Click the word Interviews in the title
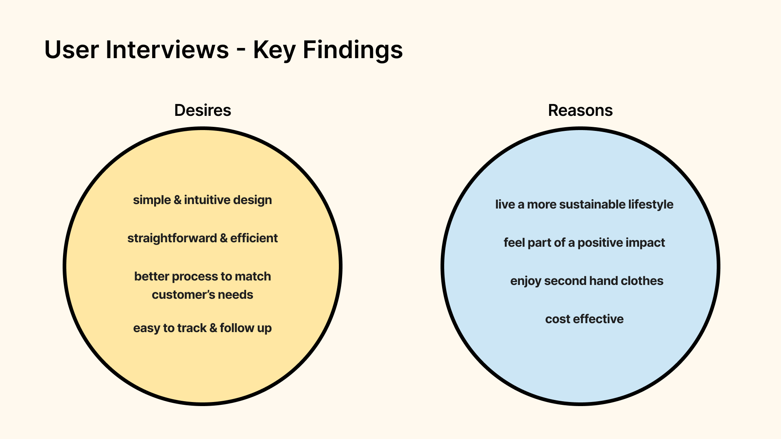167,50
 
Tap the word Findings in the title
353,50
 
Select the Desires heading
203,110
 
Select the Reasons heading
580,110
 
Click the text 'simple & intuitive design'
202,200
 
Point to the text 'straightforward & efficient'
202,238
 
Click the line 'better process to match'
202,276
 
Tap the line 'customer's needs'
202,295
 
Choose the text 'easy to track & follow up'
202,328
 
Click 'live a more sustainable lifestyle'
584,204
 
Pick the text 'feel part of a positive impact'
584,243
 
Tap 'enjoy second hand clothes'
587,281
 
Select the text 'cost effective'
584,319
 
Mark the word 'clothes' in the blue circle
642,281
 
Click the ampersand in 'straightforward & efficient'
224,238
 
